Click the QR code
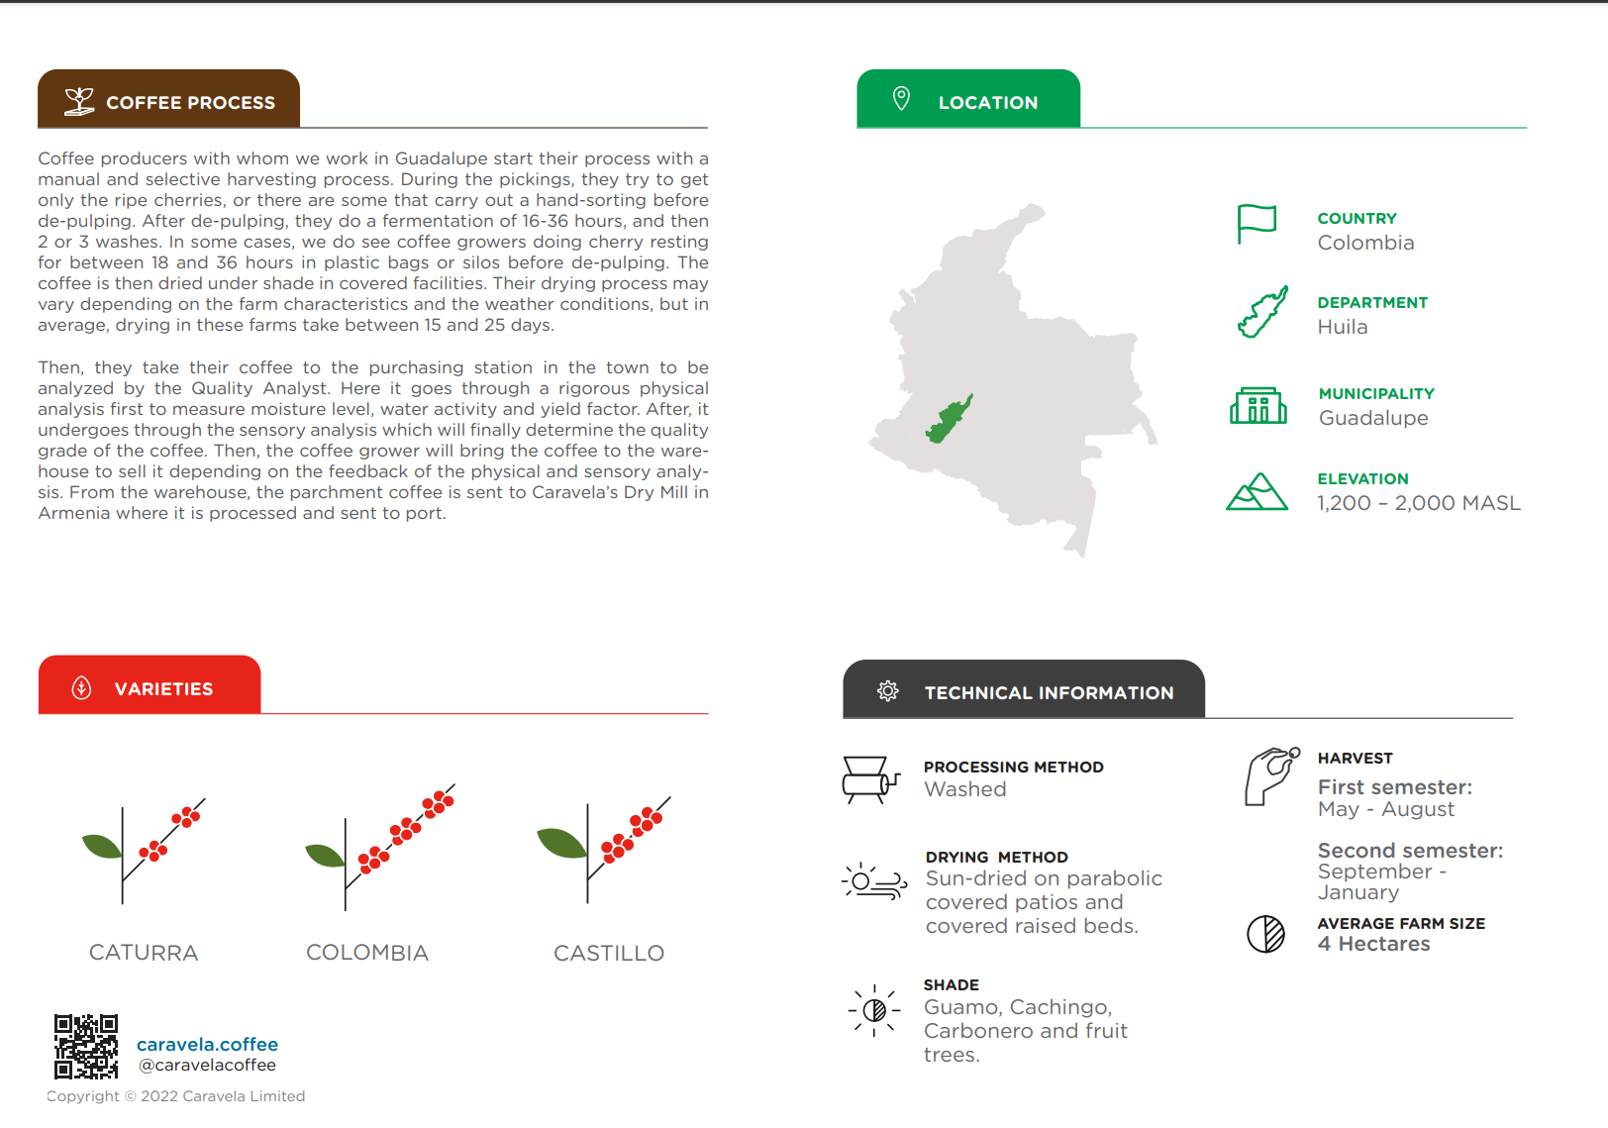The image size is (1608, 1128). (86, 1046)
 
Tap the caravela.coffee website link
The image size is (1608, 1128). (207, 1044)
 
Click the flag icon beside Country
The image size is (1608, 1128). (1256, 224)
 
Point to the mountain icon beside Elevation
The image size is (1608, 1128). (1256, 491)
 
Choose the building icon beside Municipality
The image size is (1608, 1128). (1257, 406)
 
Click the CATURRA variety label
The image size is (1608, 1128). (144, 953)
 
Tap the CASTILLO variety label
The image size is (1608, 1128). (609, 953)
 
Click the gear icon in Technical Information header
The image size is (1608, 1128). (888, 691)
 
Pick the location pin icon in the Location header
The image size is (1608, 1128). (901, 99)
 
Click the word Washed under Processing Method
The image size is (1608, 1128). (964, 789)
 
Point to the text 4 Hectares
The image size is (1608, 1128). (1373, 944)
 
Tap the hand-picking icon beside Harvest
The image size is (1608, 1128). (1271, 776)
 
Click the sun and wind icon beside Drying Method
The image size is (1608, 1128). (873, 880)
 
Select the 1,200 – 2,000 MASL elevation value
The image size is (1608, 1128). (1418, 503)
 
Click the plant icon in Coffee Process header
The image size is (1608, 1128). (79, 101)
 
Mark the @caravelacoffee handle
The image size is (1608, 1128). (207, 1066)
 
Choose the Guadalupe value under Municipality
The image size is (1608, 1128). (1372, 418)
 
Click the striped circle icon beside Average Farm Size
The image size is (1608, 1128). (1265, 934)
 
